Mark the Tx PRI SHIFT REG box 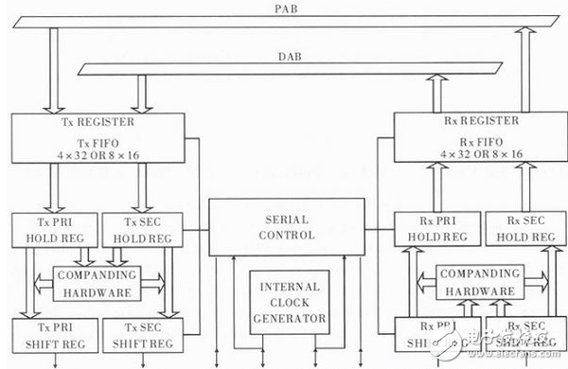point(50,333)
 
